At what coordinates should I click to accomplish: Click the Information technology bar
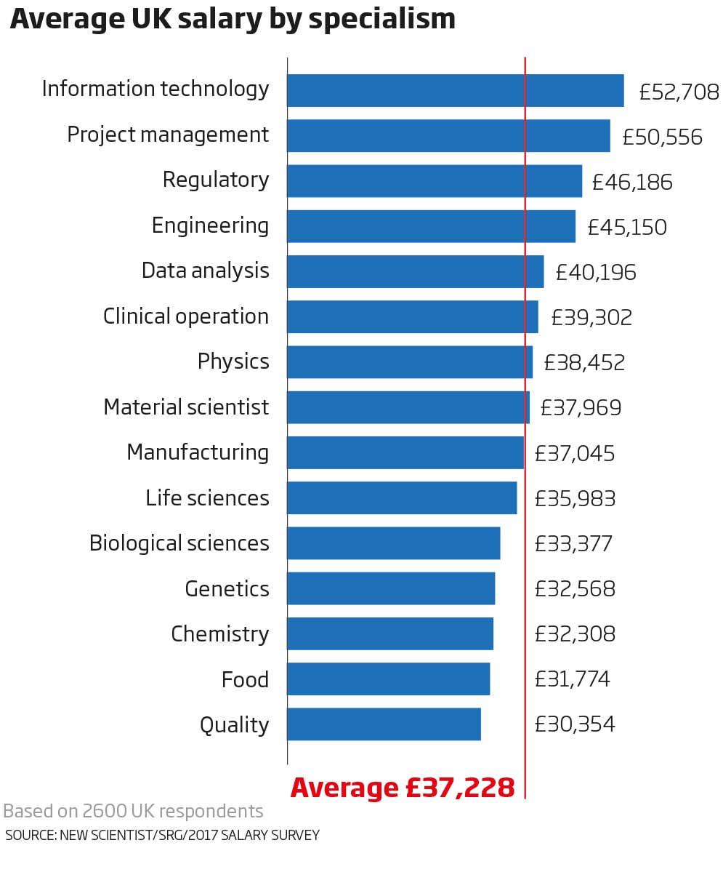[455, 90]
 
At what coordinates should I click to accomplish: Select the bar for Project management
[448, 135]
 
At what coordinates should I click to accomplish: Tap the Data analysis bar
[415, 271]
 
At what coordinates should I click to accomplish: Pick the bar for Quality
[384, 724]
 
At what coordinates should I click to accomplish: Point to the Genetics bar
[391, 588]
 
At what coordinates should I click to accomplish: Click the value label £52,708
[679, 92]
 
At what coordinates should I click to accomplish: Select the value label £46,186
[632, 182]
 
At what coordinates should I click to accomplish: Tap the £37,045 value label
[575, 454]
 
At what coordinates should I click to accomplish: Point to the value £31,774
[572, 679]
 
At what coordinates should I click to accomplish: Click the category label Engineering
[210, 226]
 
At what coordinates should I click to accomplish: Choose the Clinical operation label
[186, 316]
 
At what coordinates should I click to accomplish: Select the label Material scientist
[186, 407]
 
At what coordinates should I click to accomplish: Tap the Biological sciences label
[179, 543]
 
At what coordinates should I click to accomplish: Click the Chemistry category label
[219, 634]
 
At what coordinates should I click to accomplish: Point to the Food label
[245, 680]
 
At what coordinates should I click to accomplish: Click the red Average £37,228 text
[403, 788]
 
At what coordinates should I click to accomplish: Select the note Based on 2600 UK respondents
[133, 811]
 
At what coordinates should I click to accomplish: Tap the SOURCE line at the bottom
[162, 835]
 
